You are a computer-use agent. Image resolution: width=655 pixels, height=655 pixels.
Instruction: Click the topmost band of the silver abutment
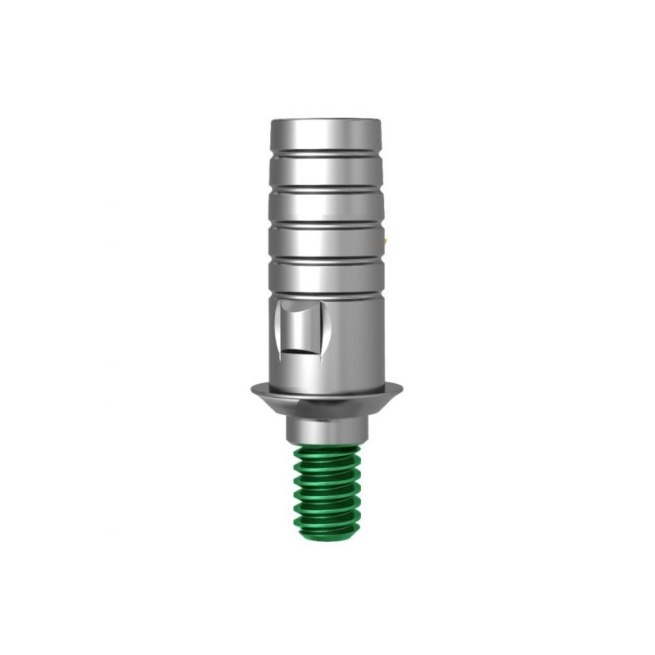coord(325,134)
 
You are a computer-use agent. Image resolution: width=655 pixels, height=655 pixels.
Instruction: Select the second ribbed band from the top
coord(325,170)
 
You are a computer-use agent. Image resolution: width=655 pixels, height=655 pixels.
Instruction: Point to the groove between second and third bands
coord(325,188)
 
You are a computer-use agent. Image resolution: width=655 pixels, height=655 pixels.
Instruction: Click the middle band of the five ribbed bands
coord(325,206)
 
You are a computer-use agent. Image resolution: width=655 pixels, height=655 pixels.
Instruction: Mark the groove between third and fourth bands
coord(325,223)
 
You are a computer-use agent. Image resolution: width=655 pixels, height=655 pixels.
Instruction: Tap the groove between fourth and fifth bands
coord(325,260)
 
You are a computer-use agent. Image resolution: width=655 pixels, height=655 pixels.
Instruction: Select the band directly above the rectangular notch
coord(325,278)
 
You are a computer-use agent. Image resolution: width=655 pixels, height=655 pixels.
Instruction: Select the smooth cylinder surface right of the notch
coord(352,336)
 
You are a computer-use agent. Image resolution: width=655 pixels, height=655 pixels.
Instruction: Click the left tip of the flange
coord(253,388)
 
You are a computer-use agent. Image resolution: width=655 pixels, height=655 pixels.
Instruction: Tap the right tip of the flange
coord(400,388)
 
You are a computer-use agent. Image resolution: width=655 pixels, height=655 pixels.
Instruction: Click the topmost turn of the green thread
coord(326,452)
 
